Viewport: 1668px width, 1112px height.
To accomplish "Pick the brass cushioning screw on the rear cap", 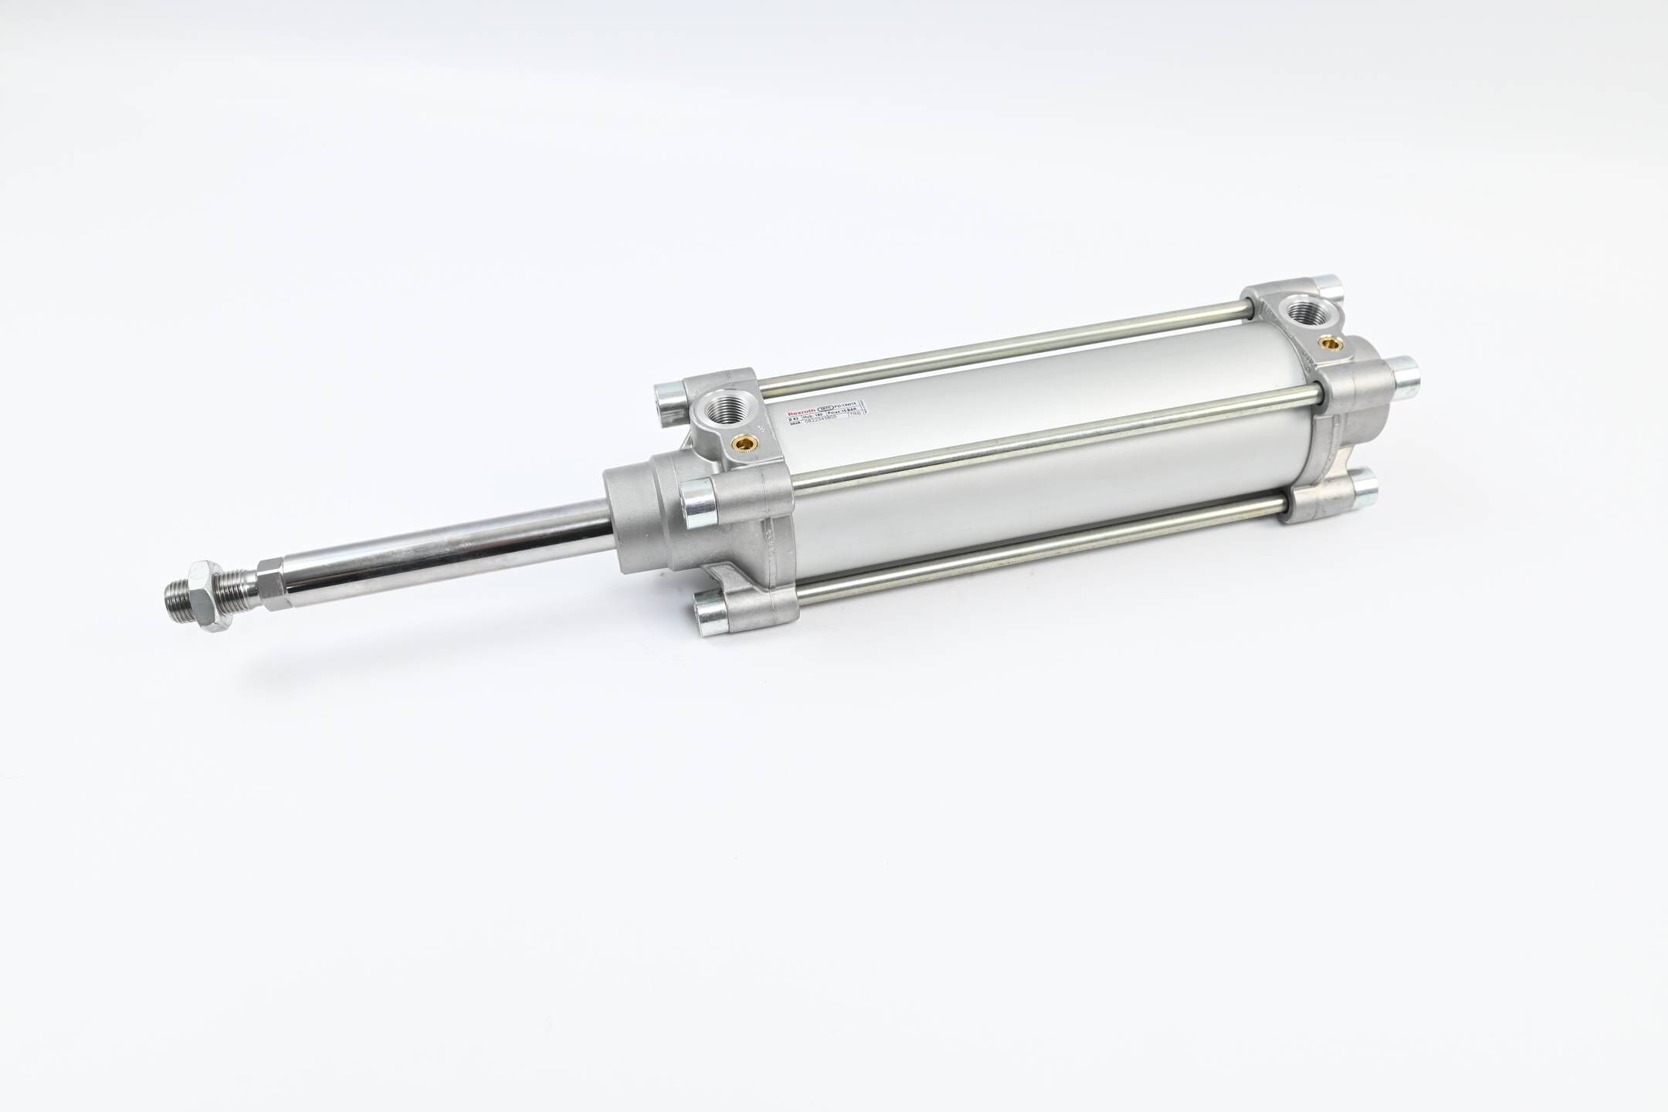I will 1331,339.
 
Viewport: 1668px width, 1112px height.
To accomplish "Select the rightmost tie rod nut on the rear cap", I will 1399,372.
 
